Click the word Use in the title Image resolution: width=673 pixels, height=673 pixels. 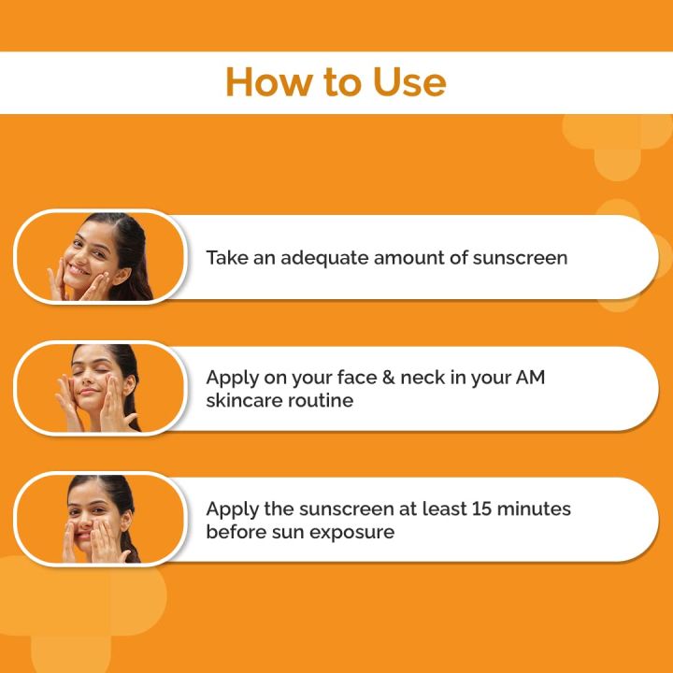coord(408,82)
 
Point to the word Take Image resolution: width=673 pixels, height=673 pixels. coord(227,257)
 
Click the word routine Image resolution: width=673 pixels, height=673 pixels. coord(321,400)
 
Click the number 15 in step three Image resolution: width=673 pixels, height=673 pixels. coord(484,509)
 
